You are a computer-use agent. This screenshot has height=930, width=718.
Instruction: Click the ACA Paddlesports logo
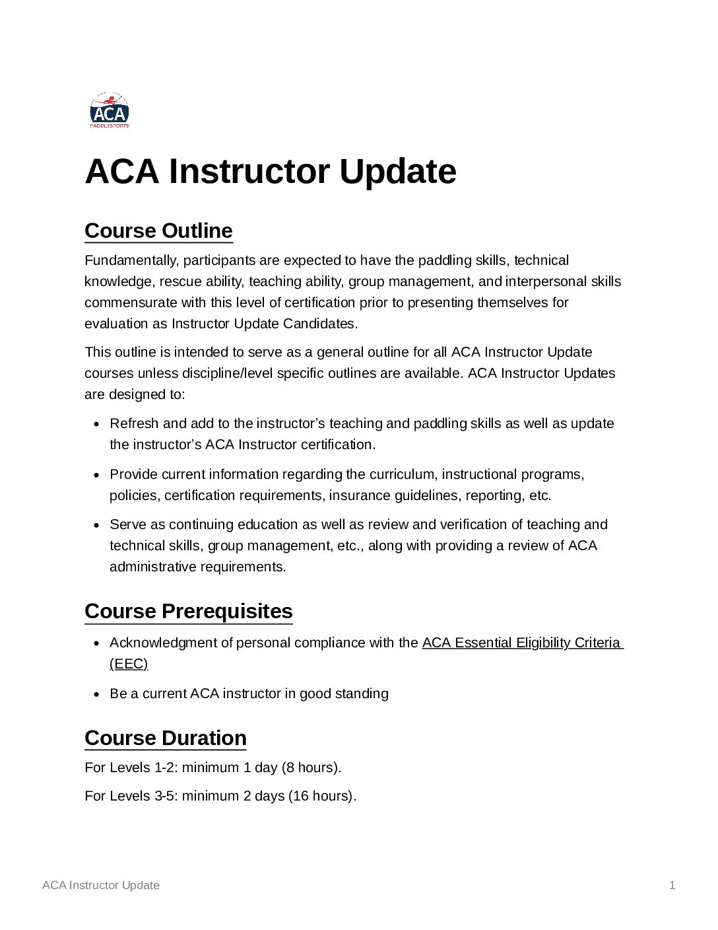click(x=110, y=110)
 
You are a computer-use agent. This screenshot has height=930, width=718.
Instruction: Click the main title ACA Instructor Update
click(x=271, y=172)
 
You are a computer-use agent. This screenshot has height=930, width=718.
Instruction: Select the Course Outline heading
click(x=158, y=231)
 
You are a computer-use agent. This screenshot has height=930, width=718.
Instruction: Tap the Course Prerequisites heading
click(x=189, y=612)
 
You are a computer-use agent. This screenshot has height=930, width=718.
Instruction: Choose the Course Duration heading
click(x=166, y=738)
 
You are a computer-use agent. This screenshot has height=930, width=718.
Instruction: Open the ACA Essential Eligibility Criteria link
click(x=521, y=643)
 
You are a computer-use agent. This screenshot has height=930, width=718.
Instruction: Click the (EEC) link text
click(x=129, y=664)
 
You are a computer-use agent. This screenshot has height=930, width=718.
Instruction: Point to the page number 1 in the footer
click(x=672, y=885)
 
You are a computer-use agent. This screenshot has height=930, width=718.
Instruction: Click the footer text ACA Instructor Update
click(x=101, y=885)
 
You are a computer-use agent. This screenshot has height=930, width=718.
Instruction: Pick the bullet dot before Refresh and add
click(x=96, y=424)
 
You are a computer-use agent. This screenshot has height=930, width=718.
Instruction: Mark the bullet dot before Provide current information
click(x=96, y=475)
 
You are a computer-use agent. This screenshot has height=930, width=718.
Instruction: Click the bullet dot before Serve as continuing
click(x=96, y=525)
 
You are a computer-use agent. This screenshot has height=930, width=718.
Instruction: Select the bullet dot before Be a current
click(x=96, y=694)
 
